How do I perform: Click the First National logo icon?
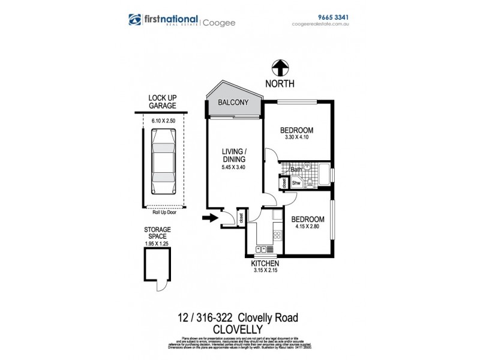(x=136, y=20)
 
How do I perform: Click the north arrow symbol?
(x=279, y=68)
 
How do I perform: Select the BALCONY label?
(x=234, y=103)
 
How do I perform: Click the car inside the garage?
(x=162, y=163)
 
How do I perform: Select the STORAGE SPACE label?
(x=157, y=233)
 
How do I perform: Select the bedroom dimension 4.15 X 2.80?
(x=308, y=227)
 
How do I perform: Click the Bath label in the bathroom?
(x=296, y=170)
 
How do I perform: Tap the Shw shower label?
(x=296, y=184)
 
